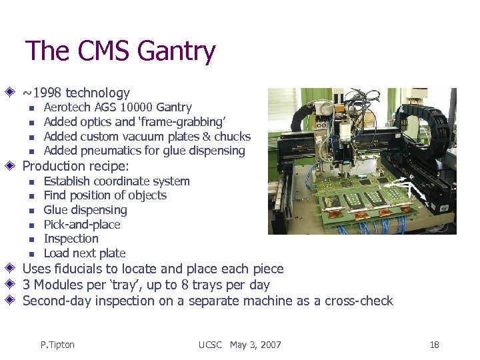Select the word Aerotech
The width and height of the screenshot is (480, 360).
pos(67,107)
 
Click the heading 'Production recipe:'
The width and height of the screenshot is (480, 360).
pos(76,166)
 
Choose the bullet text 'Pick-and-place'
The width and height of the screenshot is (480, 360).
pos(81,224)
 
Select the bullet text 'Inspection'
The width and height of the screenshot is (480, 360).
pos(71,239)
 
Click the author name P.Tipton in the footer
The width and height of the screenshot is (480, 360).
pos(57,345)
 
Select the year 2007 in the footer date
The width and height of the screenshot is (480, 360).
pos(269,345)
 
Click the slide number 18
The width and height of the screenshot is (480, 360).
pos(434,345)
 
